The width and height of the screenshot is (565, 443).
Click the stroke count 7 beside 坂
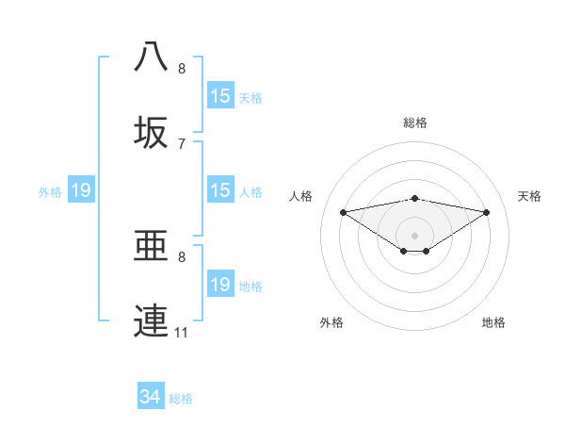[182, 143]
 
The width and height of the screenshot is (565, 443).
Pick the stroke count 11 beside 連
[182, 333]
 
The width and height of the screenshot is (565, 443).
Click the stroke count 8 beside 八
[182, 69]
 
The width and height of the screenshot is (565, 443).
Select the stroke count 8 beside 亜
[182, 256]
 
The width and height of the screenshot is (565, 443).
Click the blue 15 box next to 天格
[220, 96]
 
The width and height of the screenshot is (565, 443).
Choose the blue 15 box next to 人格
[220, 190]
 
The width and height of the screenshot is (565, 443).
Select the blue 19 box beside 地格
[220, 285]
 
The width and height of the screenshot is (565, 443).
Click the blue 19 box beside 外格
[81, 190]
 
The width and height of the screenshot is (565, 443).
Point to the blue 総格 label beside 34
[182, 399]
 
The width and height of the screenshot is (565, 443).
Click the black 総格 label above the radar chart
[415, 123]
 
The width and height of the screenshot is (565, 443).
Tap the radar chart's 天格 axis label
[530, 196]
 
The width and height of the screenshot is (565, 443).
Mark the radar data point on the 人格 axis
[344, 211]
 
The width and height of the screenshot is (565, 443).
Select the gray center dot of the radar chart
[415, 235]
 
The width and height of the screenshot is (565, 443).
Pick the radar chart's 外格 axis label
[331, 322]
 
